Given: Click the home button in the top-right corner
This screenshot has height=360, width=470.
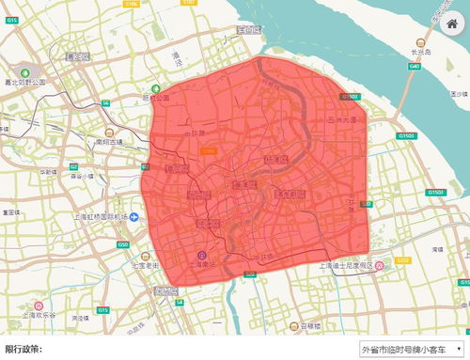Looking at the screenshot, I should [450, 23].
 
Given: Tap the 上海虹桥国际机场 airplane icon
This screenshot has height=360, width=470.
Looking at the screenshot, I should [134, 217].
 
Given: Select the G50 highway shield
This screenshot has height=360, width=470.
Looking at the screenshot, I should [123, 244].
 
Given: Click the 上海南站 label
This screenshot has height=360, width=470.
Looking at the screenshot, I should [201, 265].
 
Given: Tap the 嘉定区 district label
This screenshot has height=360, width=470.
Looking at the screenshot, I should [76, 56].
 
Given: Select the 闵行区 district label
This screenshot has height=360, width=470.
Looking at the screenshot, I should [166, 291].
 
